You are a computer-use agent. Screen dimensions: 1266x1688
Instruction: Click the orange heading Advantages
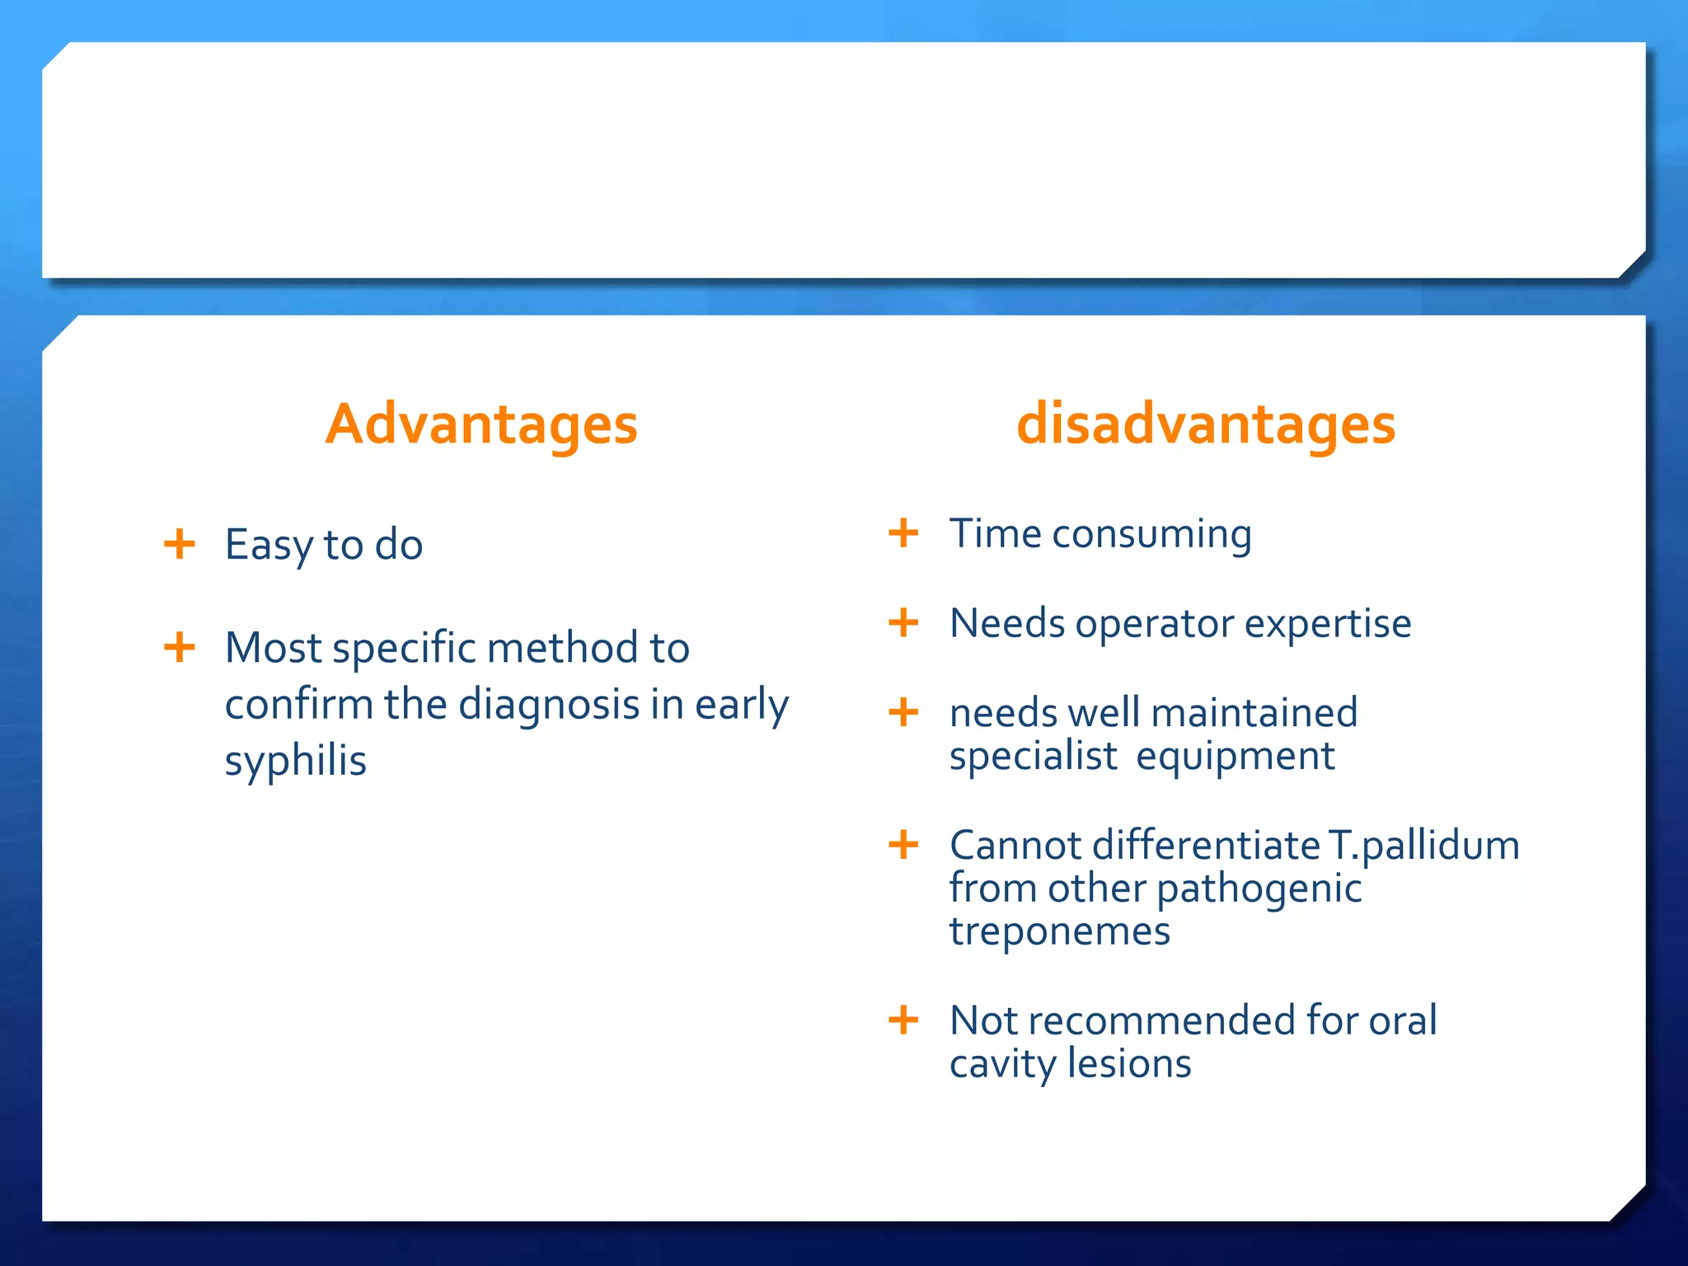(x=481, y=424)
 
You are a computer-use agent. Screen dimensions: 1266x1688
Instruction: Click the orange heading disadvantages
(x=1206, y=424)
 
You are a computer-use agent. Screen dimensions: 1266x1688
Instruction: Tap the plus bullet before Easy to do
(x=180, y=544)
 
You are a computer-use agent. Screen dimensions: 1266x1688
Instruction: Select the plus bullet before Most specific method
(x=180, y=647)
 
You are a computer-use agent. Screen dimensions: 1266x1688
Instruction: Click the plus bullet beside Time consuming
(x=903, y=532)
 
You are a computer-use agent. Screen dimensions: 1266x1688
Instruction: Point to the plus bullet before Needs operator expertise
(x=903, y=622)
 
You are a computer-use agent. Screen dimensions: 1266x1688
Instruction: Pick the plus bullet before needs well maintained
(x=903, y=712)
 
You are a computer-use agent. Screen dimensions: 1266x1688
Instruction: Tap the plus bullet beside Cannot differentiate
(x=903, y=845)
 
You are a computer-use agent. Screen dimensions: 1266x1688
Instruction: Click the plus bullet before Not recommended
(x=903, y=1020)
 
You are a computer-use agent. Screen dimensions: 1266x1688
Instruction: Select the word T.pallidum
(x=1423, y=846)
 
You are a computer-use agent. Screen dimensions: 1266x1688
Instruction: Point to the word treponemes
(x=1059, y=932)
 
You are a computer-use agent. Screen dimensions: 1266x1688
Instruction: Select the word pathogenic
(x=1259, y=889)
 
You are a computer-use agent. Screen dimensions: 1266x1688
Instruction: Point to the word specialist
(x=1033, y=757)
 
